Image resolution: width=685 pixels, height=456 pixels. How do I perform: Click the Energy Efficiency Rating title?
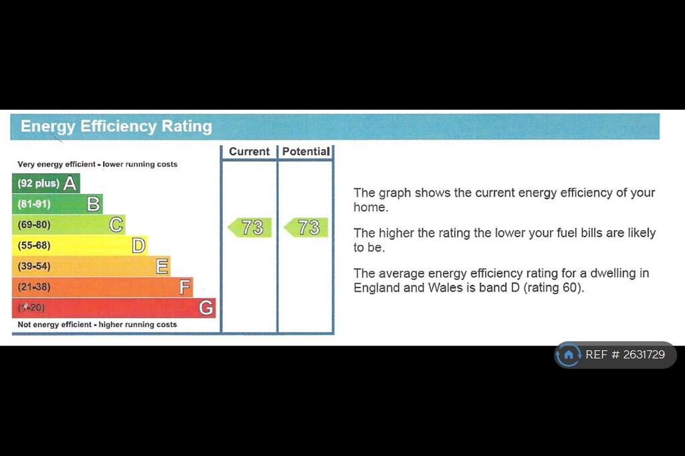[x=116, y=126]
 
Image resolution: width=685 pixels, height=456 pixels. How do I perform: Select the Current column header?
[x=249, y=152]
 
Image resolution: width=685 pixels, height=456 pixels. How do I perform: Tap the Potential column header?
[x=306, y=152]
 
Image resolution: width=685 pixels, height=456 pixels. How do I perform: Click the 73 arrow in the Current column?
[x=250, y=227]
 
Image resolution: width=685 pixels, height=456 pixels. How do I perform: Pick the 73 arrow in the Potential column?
[x=306, y=227]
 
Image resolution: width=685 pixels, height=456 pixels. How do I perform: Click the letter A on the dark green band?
[x=70, y=183]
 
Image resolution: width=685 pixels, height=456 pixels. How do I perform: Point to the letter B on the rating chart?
[x=93, y=204]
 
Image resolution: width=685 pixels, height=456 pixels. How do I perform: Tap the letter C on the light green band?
[x=116, y=225]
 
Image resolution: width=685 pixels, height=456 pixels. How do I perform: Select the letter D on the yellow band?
[x=138, y=246]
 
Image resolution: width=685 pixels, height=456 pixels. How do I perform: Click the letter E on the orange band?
[x=162, y=266]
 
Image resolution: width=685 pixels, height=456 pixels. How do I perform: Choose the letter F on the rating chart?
[x=185, y=288]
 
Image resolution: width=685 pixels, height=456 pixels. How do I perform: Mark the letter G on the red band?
[x=206, y=308]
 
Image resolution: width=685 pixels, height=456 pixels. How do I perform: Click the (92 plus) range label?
[x=38, y=183]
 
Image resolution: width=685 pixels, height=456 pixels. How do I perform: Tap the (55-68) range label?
[x=34, y=245]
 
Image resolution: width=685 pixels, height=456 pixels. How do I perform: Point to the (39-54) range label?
[x=34, y=266]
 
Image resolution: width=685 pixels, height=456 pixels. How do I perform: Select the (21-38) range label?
[x=34, y=287]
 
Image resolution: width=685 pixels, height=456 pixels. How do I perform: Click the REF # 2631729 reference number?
[x=625, y=354]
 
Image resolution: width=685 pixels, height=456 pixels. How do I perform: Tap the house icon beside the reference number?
[x=569, y=354]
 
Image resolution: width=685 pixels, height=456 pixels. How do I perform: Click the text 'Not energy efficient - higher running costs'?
[x=97, y=324]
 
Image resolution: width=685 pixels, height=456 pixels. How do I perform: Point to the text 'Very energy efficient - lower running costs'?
[x=98, y=164]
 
